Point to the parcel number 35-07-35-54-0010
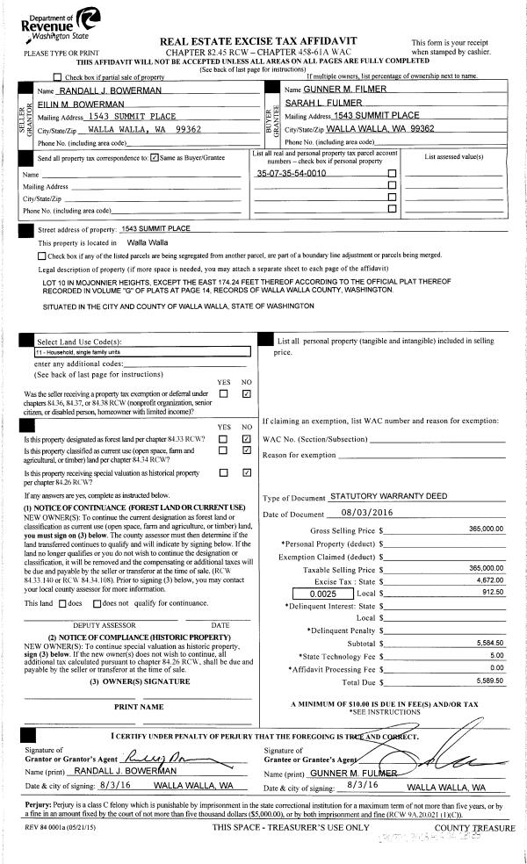[x=291, y=173]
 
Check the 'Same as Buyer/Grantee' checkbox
[x=155, y=158]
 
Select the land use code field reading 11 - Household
[x=141, y=350]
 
